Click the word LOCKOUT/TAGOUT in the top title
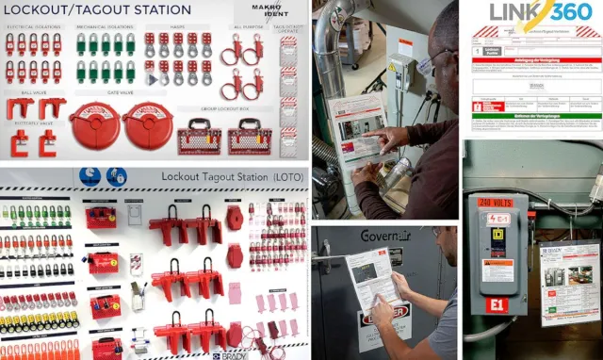tap(57, 10)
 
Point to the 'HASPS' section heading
tap(176, 27)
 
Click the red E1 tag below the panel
tap(497, 305)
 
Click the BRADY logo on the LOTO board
tap(229, 355)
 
